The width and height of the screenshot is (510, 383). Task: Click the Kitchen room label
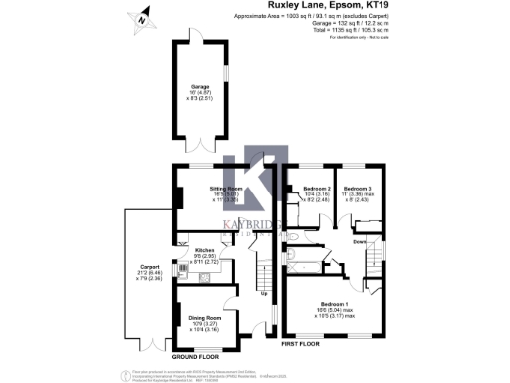tap(205, 250)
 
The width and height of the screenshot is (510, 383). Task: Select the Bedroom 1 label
tap(334, 303)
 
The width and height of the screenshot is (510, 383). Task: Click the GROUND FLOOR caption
tap(195, 356)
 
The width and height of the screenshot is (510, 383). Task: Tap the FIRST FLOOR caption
tap(304, 344)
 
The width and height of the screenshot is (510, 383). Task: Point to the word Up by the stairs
tap(263, 294)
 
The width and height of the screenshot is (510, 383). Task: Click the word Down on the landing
tap(359, 242)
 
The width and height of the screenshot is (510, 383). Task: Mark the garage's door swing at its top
tap(190, 34)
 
